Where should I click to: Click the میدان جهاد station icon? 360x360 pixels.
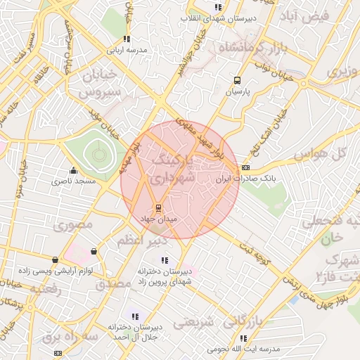click(158, 208)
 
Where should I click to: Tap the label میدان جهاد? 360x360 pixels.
click(158, 220)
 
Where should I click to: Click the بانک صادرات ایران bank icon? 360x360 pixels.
click(245, 167)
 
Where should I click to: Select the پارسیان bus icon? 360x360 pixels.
click(238, 80)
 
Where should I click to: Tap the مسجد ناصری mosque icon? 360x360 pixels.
click(73, 170)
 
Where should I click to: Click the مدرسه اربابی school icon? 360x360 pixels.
click(127, 39)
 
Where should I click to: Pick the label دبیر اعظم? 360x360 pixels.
click(141, 240)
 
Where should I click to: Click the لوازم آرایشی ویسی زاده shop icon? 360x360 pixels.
click(55, 259)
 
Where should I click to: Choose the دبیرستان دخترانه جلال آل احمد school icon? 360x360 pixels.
click(135, 317)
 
